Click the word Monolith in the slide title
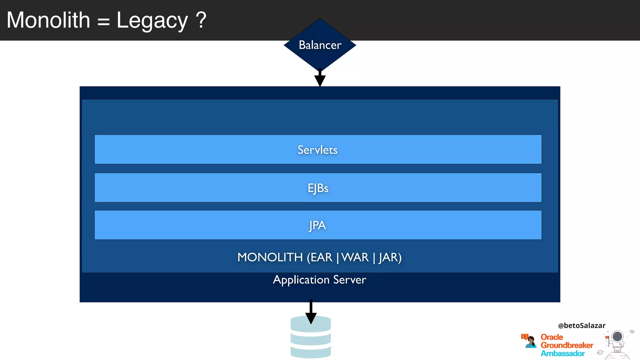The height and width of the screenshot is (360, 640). [x=48, y=20]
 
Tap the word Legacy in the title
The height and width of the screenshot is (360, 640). [x=152, y=21]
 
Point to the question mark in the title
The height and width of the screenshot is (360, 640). [x=201, y=20]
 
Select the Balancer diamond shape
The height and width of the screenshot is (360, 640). [x=320, y=45]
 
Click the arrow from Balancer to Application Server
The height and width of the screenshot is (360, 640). [x=320, y=78]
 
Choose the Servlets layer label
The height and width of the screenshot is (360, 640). [x=317, y=150]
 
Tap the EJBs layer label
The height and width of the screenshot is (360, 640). [x=318, y=188]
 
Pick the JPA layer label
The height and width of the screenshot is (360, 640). [x=317, y=225]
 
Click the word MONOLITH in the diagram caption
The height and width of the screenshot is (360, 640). [x=270, y=257]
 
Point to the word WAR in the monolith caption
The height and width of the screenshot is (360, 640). [x=355, y=257]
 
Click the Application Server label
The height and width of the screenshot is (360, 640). [x=319, y=280]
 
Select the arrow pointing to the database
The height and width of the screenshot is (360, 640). [x=311, y=312]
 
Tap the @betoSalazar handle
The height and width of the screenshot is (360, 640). [x=582, y=326]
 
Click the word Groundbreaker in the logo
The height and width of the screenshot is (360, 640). [x=567, y=345]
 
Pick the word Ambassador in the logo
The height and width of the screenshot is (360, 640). [x=562, y=353]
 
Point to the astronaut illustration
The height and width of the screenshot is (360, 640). [x=617, y=344]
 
